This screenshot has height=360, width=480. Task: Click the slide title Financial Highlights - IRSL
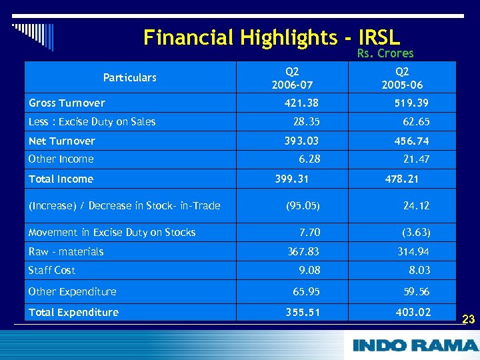click(271, 37)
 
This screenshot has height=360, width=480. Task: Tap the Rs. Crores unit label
click(385, 53)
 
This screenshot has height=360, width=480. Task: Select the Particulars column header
click(129, 77)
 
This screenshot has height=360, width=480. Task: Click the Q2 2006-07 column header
click(292, 78)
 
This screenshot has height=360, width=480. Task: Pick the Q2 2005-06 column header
click(402, 78)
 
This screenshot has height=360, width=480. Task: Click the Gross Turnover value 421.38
click(301, 103)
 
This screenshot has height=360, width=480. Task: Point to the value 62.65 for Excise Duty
click(416, 121)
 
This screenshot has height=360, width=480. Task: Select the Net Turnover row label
click(62, 141)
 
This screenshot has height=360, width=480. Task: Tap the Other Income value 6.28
click(309, 159)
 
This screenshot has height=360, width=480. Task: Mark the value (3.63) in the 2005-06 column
click(416, 232)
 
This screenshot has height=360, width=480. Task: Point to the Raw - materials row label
click(66, 251)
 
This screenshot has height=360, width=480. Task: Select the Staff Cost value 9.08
click(309, 270)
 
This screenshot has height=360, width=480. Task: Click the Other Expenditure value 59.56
click(417, 291)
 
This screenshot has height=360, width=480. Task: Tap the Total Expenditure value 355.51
click(302, 312)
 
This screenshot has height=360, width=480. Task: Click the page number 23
click(468, 319)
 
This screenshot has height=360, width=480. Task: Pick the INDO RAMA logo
click(415, 345)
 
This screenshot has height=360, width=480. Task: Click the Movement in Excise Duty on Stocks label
click(112, 232)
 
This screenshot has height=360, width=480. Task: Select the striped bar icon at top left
click(33, 33)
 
